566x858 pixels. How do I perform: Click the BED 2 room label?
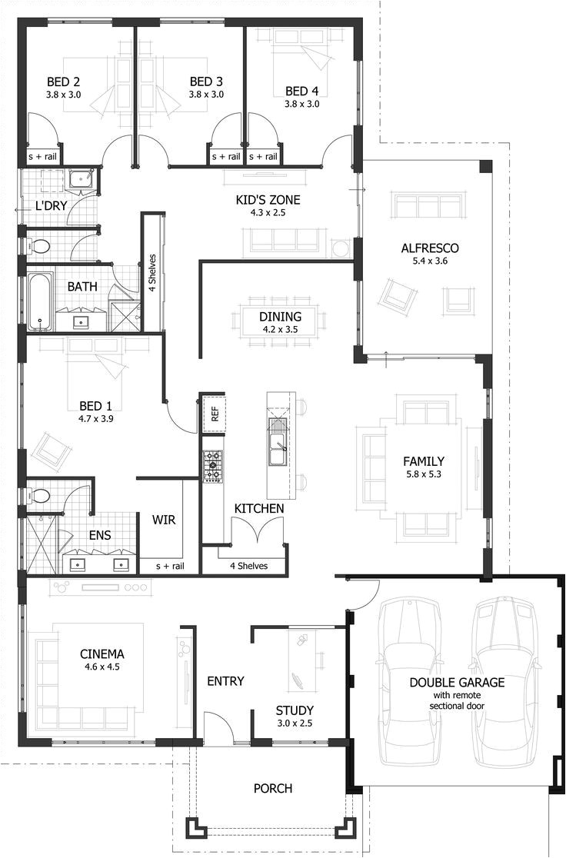tap(65, 81)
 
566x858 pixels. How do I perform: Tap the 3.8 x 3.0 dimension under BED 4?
tap(301, 104)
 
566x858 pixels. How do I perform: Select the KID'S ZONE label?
tap(268, 200)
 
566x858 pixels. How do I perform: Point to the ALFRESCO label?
tap(430, 248)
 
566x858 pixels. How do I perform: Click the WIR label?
tap(164, 520)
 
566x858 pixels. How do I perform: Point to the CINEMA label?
tap(102, 654)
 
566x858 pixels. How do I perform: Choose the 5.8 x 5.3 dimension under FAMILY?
tap(424, 474)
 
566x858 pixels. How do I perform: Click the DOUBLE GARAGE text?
tap(457, 682)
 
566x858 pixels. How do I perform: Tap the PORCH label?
tap(273, 788)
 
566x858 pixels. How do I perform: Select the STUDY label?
tap(295, 710)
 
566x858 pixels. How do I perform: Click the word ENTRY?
tap(225, 681)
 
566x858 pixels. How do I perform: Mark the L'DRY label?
tap(52, 206)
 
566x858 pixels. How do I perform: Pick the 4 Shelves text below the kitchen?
tap(248, 566)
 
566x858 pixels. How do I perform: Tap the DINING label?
tap(280, 316)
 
